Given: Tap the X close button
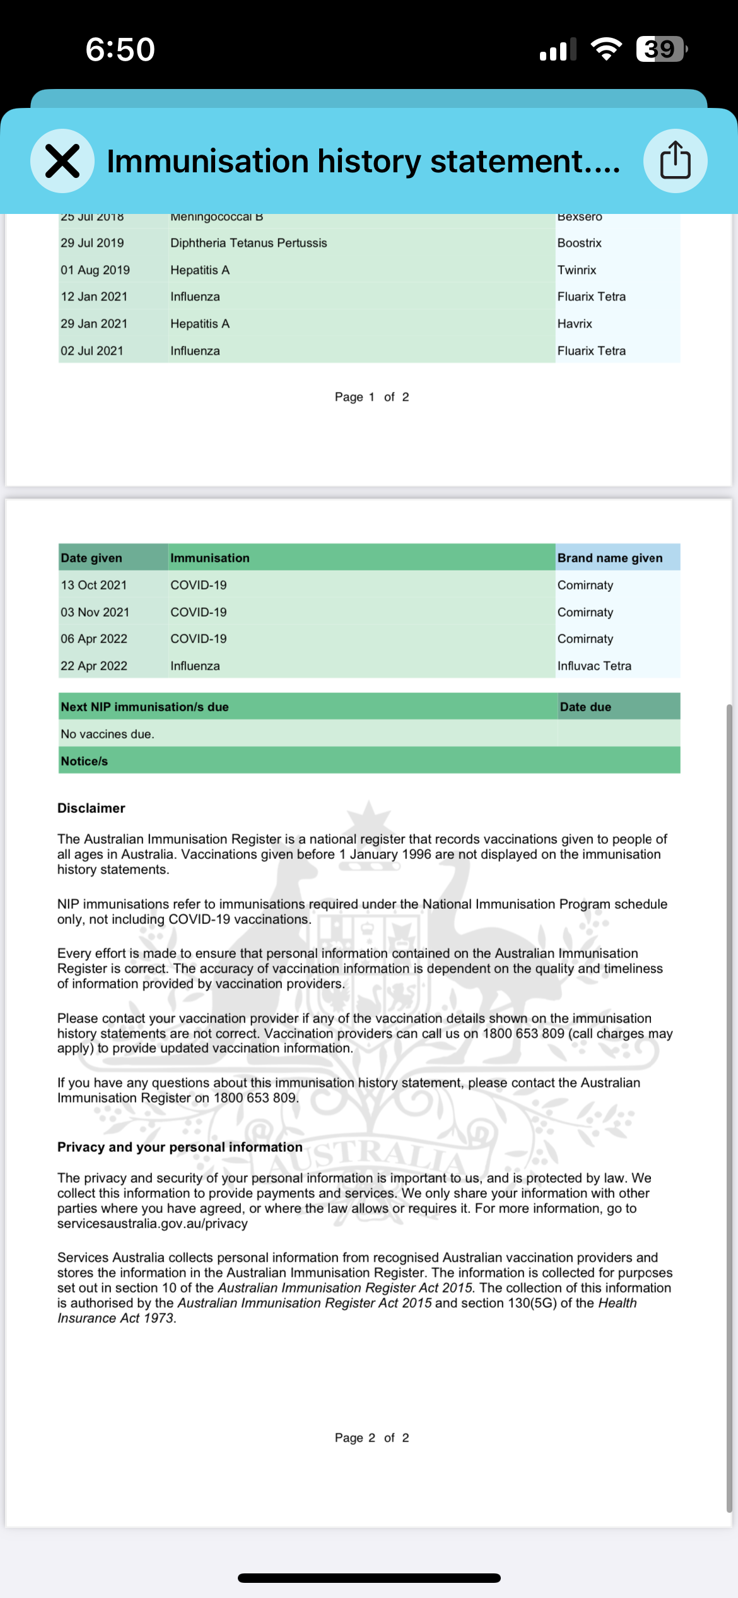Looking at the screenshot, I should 62,161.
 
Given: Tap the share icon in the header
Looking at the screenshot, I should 675,161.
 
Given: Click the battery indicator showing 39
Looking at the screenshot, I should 660,49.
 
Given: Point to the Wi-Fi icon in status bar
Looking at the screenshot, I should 606,49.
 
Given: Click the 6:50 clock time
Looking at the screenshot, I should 120,49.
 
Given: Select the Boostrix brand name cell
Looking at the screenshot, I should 579,243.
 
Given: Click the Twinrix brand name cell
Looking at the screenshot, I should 577,270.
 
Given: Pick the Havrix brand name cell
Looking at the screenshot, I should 575,324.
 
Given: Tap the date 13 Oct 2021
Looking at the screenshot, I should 93,585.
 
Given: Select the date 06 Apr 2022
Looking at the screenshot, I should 94,639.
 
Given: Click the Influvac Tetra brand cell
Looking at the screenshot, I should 594,666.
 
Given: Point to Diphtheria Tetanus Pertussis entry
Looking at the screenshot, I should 249,243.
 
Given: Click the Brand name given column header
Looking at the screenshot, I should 610,558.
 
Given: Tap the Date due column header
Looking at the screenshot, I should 585,707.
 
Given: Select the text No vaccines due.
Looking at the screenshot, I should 107,734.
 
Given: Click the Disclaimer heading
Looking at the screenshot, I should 91,808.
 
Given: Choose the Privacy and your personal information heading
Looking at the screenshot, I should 180,1147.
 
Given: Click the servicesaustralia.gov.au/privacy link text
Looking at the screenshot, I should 153,1223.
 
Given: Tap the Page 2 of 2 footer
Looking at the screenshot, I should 372,1438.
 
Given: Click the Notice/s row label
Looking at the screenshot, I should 85,761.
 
